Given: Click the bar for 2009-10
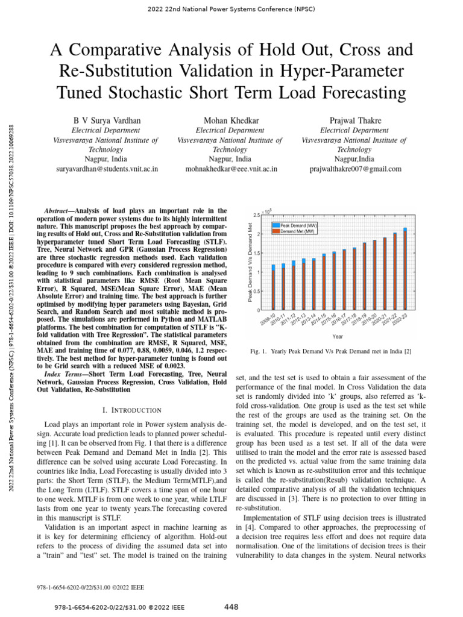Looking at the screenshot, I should (274, 288).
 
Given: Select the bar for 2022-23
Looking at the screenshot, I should (405, 269).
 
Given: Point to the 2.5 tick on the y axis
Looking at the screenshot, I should (257, 215).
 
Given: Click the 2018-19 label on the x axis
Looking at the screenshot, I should (361, 319).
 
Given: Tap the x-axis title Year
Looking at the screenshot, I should (338, 336).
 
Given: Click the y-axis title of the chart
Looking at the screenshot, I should (249, 262).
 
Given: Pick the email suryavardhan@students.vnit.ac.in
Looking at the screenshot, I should (106, 169).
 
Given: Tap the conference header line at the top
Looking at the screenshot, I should (231, 10).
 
